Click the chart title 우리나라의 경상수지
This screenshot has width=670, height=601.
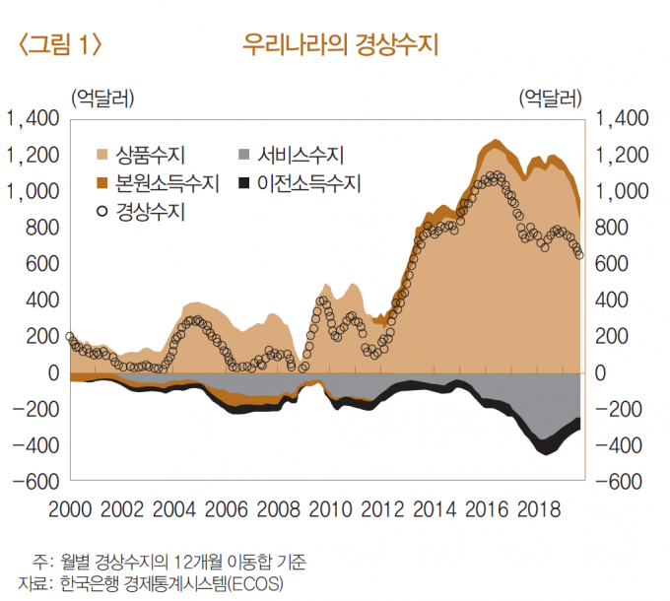[x=340, y=44]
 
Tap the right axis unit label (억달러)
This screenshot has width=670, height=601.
[x=549, y=98]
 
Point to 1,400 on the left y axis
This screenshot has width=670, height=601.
[x=34, y=118]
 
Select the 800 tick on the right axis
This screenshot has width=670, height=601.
[x=612, y=228]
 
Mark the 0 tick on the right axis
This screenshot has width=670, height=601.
[x=602, y=373]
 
